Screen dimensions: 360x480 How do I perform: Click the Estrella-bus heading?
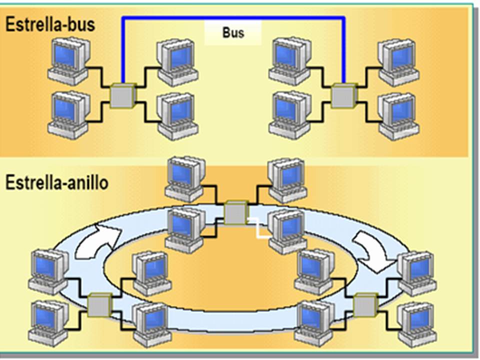pos(50,25)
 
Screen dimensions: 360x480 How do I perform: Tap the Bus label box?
pos(232,33)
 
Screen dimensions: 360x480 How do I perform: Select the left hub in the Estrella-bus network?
pos(122,95)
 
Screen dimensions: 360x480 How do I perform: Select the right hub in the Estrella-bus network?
pos(344,95)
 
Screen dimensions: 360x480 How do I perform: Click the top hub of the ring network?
pos(236,212)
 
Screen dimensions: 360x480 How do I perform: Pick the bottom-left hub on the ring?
pos(99,304)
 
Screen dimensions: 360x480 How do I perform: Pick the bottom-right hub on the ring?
pos(364,304)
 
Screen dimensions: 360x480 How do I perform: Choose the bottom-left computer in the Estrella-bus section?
pos(69,114)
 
